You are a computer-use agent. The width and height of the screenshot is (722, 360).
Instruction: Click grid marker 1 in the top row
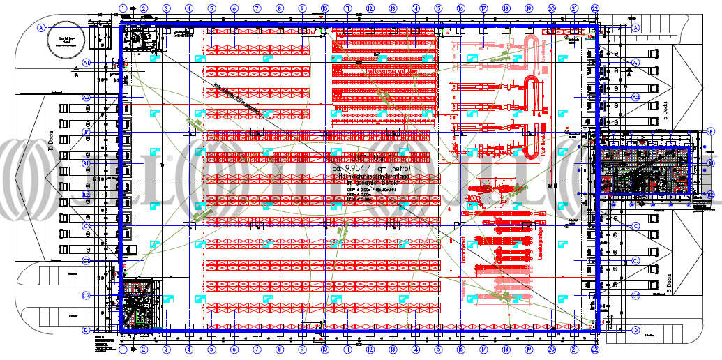123,8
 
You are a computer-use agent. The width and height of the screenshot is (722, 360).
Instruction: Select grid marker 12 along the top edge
370,8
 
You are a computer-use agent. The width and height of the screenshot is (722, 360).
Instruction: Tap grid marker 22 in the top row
594,8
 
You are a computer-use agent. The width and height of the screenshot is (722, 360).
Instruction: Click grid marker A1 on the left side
87,62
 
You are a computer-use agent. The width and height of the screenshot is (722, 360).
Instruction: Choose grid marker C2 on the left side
87,295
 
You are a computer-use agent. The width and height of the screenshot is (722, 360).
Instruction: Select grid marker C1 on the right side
635,260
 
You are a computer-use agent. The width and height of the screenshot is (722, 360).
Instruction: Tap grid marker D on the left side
86,331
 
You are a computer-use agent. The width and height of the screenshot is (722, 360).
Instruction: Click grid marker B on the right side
710,130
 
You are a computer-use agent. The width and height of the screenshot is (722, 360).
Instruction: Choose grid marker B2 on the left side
87,195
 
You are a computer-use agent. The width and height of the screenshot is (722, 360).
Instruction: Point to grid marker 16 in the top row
460,8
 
